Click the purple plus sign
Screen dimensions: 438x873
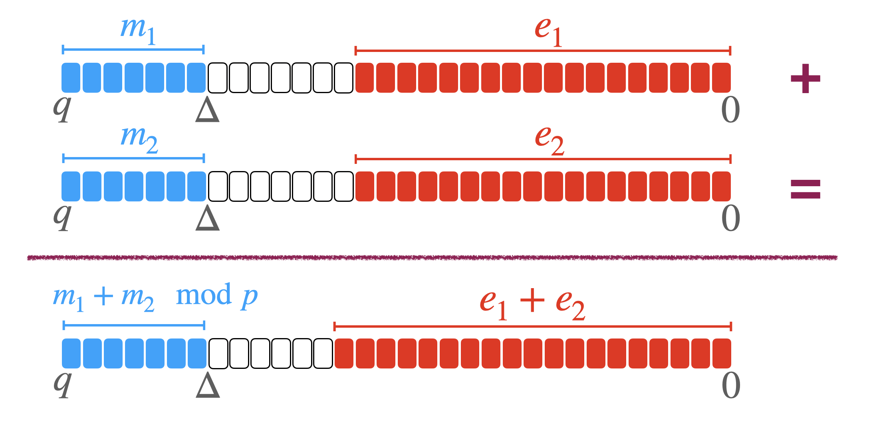tap(805, 78)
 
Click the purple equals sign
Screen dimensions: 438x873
tap(805, 189)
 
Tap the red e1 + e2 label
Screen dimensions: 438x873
tap(532, 304)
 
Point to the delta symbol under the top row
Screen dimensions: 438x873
tap(207, 110)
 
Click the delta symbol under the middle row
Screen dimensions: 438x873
tap(207, 218)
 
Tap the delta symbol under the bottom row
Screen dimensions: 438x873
tap(208, 385)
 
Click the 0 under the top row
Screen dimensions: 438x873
tap(730, 110)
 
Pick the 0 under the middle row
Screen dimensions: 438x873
tap(730, 218)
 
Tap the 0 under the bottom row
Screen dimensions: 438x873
tap(731, 386)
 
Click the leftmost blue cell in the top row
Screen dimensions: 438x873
tap(71, 78)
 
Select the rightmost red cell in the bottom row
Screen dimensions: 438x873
tap(721, 353)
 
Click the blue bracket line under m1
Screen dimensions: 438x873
tap(133, 50)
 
